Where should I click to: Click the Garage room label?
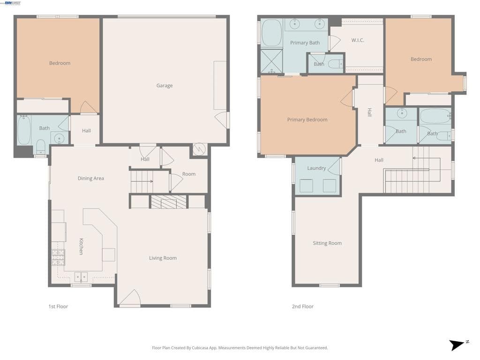click(x=165, y=86)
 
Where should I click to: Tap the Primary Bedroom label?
click(x=307, y=120)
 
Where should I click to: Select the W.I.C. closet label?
click(x=358, y=40)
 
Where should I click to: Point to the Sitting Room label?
click(x=327, y=243)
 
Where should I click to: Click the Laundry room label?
click(x=316, y=168)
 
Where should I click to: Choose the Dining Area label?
click(x=91, y=179)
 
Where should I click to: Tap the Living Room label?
click(x=163, y=258)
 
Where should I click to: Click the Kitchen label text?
click(x=81, y=246)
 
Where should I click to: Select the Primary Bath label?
click(x=305, y=43)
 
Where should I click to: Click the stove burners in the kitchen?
click(x=58, y=257)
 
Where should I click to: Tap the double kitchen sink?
click(x=81, y=277)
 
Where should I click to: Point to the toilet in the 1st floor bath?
click(x=41, y=146)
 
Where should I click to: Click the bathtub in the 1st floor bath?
click(x=24, y=130)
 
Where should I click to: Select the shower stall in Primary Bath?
click(x=271, y=61)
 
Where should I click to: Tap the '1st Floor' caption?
click(x=58, y=307)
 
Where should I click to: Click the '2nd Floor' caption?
click(x=302, y=307)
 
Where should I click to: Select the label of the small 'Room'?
click(x=189, y=174)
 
